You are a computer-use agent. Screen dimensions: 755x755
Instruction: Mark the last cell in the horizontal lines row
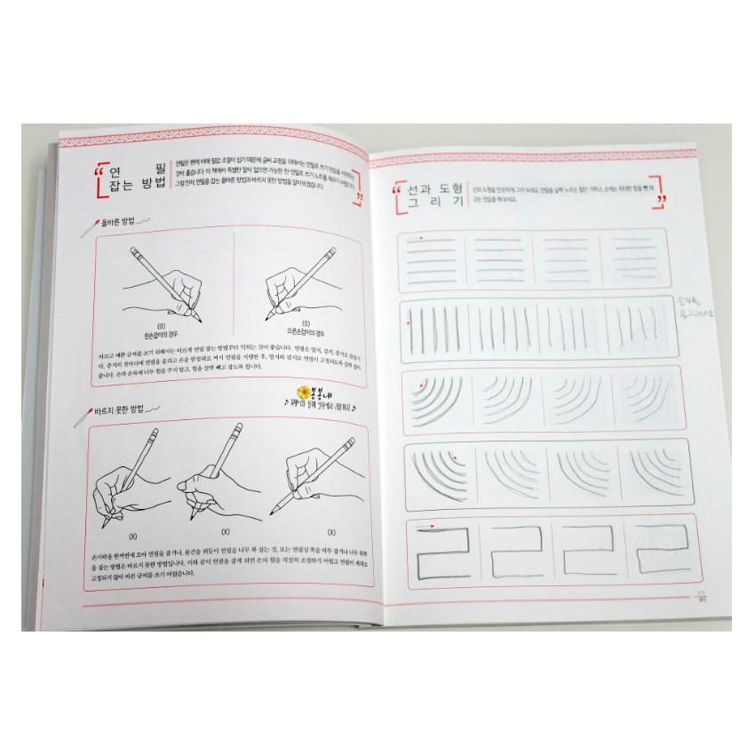632,255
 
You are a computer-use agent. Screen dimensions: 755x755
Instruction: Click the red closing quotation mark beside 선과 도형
660,201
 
